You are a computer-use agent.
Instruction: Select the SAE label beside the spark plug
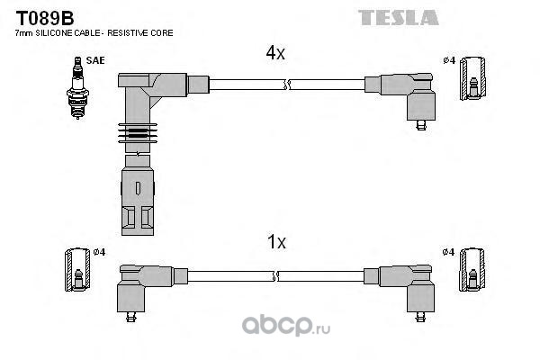click(94, 60)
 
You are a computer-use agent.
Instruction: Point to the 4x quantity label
click(275, 53)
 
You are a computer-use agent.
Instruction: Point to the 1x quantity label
click(275, 242)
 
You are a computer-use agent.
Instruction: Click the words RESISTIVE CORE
click(147, 33)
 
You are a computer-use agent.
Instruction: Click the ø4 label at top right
click(448, 60)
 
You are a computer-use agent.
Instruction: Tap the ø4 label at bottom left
click(99, 251)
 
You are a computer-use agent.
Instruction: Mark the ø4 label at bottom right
click(448, 251)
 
